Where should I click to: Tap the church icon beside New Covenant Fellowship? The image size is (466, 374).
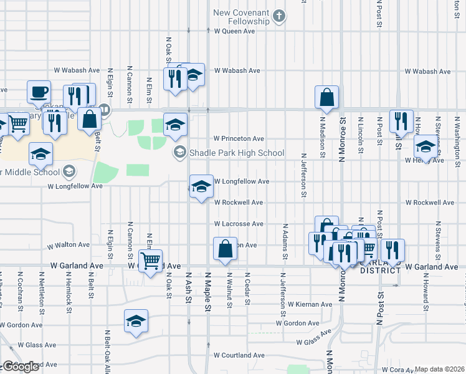tap(280, 16)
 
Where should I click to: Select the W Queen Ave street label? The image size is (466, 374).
tap(234, 31)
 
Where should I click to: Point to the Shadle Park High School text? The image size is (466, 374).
tap(237, 153)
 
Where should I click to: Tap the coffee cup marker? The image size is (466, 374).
tap(39, 92)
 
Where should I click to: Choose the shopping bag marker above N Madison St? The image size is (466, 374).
tap(327, 97)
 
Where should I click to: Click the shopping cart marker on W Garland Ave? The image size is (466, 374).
tap(151, 261)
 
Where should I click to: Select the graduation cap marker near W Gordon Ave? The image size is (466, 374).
tap(136, 321)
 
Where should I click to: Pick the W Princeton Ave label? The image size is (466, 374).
tap(239, 138)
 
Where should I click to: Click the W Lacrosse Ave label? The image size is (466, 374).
tap(239, 223)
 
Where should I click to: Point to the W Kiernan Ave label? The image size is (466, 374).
tap(309, 304)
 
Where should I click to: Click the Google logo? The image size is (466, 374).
tap(21, 367)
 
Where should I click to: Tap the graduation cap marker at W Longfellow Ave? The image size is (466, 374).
tap(201, 186)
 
